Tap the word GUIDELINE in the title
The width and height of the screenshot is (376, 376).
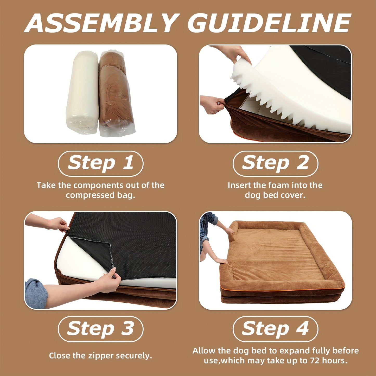[x=269, y=23]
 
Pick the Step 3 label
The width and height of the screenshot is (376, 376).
[x=101, y=330]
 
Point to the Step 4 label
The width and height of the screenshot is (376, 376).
[x=275, y=330]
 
